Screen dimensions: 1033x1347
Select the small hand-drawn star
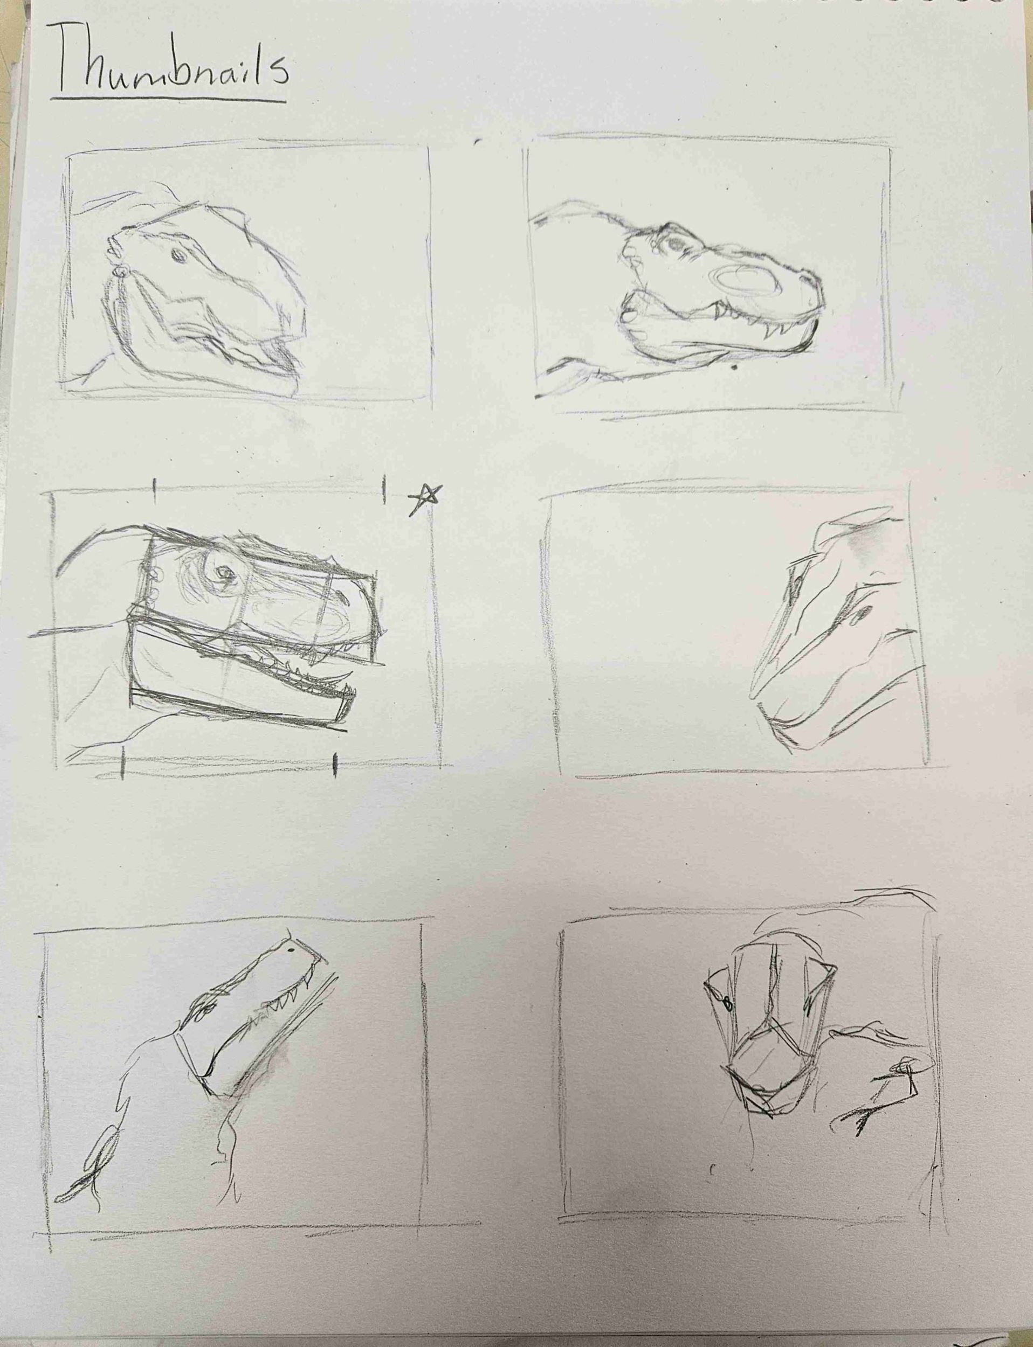[425, 498]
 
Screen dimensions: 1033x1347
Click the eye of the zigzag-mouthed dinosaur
[176, 254]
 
